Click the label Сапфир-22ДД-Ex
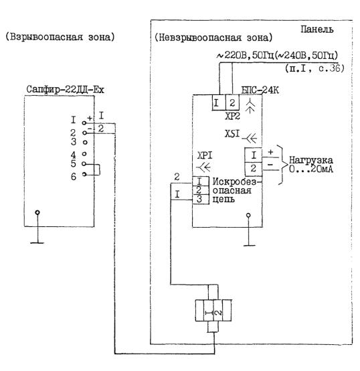(x=65, y=90)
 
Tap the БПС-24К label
(x=260, y=90)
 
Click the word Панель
(x=317, y=29)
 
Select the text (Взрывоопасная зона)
(x=60, y=37)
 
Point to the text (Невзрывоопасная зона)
(x=213, y=38)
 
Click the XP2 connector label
(x=232, y=116)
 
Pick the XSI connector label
(x=232, y=134)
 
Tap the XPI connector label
(x=205, y=155)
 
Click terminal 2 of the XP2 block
(x=232, y=102)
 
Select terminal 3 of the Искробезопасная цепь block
(x=200, y=200)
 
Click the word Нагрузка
(x=311, y=160)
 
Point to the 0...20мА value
(x=311, y=169)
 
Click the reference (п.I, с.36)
(x=314, y=68)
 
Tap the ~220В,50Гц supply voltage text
(x=245, y=56)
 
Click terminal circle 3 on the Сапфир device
(x=86, y=143)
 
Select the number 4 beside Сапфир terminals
(x=74, y=155)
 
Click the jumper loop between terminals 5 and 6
(x=100, y=169)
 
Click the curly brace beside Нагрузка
(x=282, y=165)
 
